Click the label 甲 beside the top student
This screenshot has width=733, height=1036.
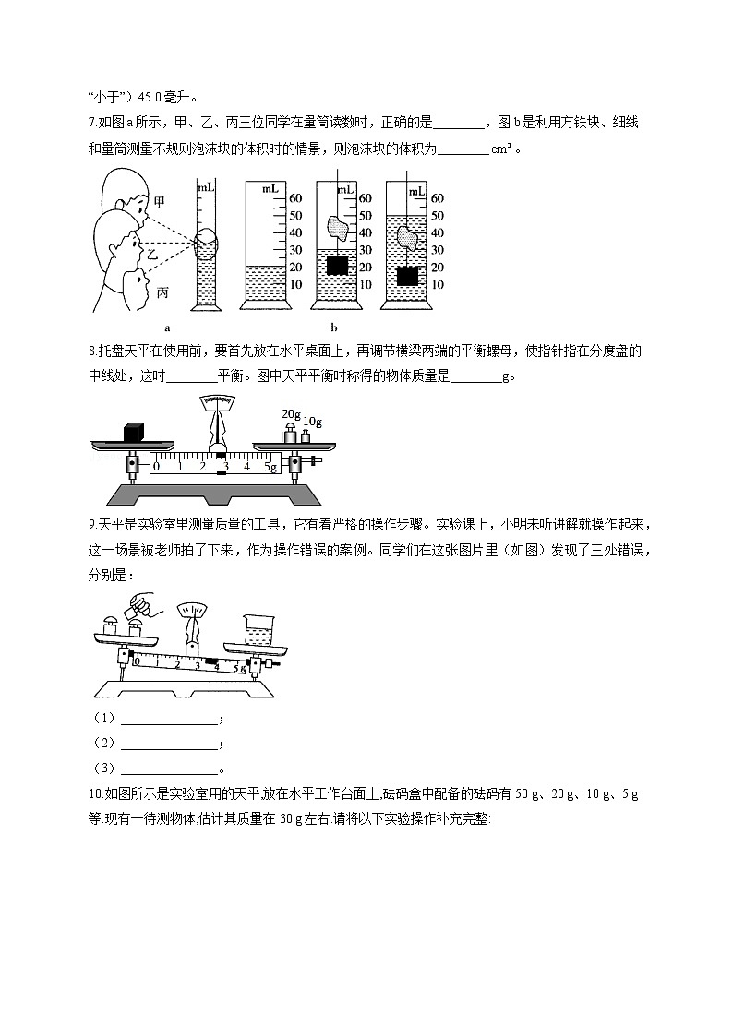[160, 200]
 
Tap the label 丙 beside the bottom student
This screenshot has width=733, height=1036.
[162, 292]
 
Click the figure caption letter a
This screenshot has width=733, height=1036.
[166, 327]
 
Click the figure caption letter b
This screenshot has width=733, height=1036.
[333, 327]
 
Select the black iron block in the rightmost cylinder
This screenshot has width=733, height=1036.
[406, 276]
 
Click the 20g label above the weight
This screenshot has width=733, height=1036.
[292, 413]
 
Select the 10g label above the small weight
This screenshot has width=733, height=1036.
[312, 422]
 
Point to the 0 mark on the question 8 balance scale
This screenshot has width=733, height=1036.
[156, 466]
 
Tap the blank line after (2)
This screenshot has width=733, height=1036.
[169, 744]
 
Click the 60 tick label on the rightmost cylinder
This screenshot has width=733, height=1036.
[438, 198]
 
